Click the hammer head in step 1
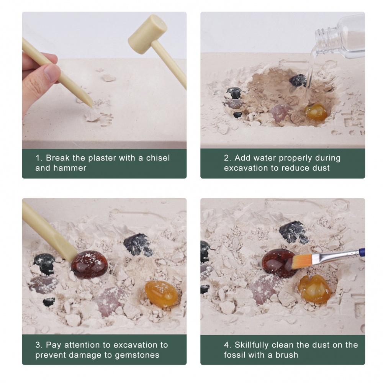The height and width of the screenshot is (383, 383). click(147, 33)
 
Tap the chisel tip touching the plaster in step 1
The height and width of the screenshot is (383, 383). click(92, 105)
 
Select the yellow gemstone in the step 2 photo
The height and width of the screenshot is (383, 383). click(316, 112)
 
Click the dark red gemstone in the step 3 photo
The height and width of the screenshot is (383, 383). click(89, 264)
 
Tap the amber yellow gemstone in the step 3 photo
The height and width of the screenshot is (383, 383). click(161, 294)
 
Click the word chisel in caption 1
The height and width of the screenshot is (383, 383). click(158, 158)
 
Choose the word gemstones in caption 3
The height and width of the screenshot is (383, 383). click(137, 355)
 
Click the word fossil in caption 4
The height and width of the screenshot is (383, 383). click(234, 355)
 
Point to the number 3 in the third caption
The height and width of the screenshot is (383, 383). click(38, 345)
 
